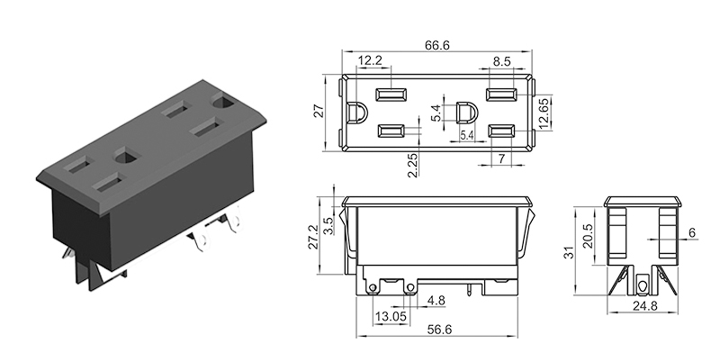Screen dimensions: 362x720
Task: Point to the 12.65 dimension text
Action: (544, 114)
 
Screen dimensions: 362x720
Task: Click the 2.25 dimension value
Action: (411, 165)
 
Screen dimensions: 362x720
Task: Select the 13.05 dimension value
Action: (389, 316)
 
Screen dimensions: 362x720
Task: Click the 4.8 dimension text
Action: (436, 300)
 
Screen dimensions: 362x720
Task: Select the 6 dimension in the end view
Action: (691, 232)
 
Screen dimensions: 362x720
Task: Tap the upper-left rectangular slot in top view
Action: (391, 95)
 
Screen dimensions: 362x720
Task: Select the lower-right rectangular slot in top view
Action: (500, 131)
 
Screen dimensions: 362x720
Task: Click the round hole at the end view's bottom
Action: (642, 286)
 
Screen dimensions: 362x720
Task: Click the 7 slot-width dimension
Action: (501, 158)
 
